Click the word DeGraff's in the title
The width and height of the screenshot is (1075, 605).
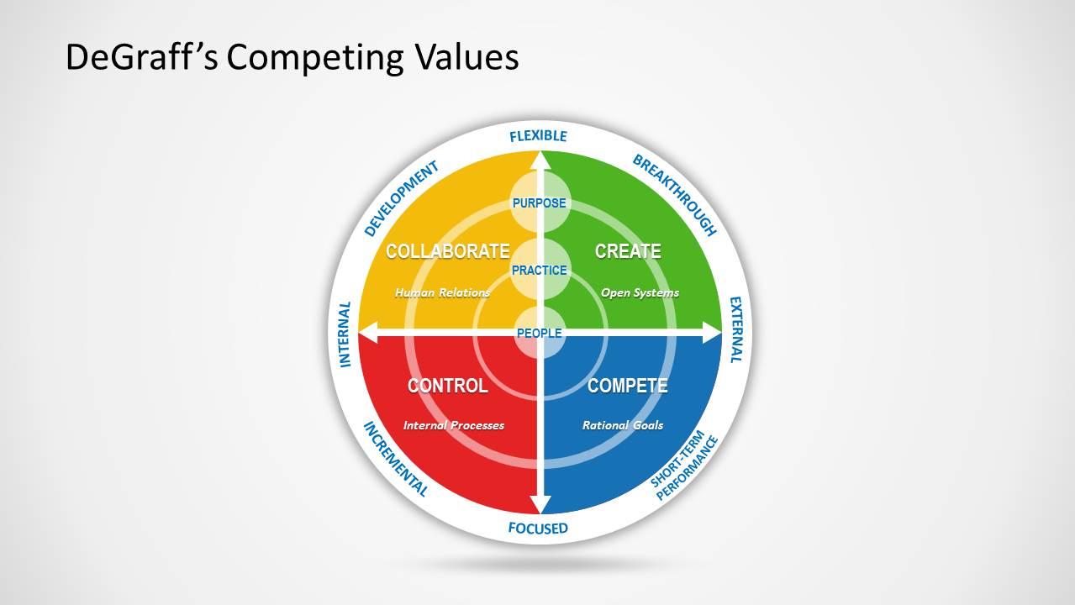coord(142,58)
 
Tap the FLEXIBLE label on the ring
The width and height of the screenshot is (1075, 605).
coord(539,136)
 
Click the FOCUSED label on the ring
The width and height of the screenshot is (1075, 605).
coord(538,529)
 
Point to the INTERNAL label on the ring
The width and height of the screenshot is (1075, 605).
coord(345,334)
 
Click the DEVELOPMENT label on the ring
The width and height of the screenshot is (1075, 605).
coord(402,199)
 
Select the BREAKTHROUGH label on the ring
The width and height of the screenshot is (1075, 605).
coord(675,195)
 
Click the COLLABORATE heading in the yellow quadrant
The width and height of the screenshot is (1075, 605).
coord(447,251)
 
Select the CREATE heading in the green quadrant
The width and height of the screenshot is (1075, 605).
coord(628,251)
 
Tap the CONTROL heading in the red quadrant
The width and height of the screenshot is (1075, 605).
coord(447,386)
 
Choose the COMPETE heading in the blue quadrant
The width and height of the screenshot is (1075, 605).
coord(627,386)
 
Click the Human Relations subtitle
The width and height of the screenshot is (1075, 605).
coord(442,293)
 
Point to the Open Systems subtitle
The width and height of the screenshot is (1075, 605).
coord(640,293)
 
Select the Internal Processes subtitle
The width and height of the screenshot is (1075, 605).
coord(454,425)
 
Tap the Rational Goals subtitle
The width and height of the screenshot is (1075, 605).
coord(623,425)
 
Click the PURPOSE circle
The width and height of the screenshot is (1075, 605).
coord(540,203)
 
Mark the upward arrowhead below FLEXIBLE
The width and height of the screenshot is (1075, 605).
coord(540,160)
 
